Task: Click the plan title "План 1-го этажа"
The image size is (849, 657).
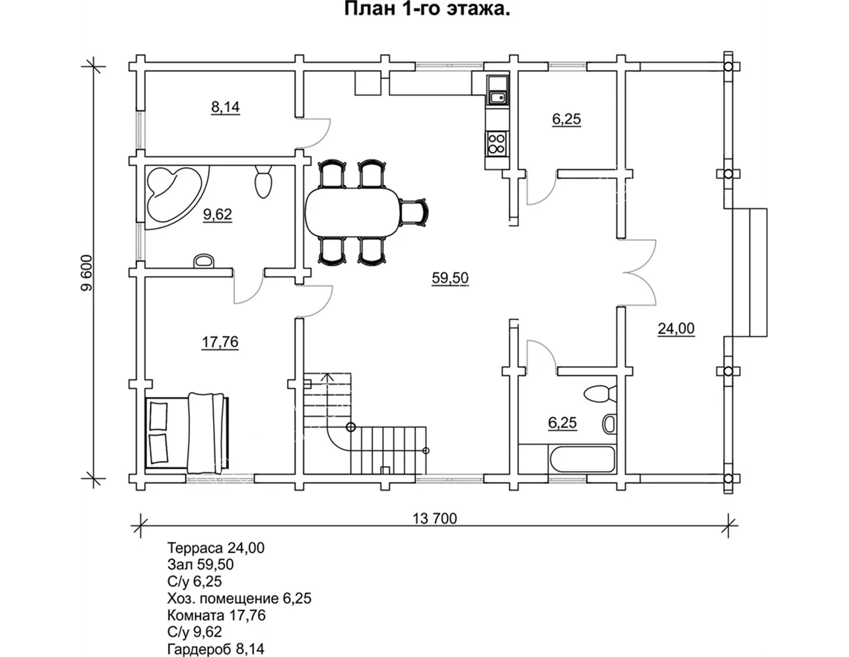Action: click(x=427, y=9)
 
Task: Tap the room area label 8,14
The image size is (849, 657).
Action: click(x=226, y=107)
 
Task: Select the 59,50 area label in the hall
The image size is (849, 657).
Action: click(x=450, y=278)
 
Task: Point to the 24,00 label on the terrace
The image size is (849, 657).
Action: click(x=676, y=328)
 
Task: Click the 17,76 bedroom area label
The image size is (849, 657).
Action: click(x=220, y=342)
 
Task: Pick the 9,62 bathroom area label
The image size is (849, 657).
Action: click(x=217, y=214)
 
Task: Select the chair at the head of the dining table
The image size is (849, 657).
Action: click(x=414, y=213)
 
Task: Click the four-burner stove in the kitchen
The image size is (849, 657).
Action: click(x=497, y=143)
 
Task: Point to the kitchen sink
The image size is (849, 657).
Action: click(x=497, y=97)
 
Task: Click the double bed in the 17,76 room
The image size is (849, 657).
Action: click(x=187, y=432)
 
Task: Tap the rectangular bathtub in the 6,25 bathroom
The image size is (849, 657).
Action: click(x=582, y=459)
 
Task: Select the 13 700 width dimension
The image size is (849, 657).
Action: click(x=435, y=518)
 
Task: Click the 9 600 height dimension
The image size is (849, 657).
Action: click(x=87, y=273)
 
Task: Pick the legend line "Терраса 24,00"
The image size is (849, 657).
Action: click(x=216, y=548)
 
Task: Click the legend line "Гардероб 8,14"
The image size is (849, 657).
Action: click(x=216, y=649)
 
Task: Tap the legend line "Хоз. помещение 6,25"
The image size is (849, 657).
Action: click(x=239, y=598)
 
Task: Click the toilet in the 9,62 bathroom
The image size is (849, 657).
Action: click(x=263, y=182)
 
